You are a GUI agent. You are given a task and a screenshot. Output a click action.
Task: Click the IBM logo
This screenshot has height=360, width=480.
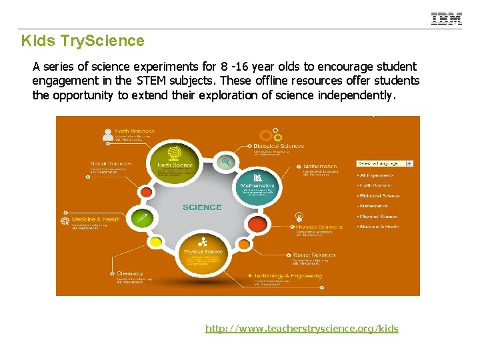446,19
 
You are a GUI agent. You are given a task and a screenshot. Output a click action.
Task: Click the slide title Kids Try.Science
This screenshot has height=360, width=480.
83,41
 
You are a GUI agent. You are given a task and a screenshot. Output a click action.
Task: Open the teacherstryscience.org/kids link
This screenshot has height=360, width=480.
301,328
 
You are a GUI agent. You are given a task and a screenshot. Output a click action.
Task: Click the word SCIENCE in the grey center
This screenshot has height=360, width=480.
202,207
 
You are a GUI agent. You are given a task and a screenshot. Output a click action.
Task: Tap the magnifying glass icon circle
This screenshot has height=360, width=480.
227,161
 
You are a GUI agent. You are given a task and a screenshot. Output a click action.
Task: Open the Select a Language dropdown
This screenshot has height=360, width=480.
385,163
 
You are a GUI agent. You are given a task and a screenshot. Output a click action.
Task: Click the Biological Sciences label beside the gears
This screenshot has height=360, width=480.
278,146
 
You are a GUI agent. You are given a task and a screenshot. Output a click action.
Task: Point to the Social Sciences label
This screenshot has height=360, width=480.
111,163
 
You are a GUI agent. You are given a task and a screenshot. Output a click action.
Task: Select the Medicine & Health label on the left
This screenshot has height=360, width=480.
95,219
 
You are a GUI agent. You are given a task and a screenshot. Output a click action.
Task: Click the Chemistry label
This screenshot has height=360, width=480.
130,273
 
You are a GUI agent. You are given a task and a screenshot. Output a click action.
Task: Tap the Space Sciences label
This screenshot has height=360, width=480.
314,255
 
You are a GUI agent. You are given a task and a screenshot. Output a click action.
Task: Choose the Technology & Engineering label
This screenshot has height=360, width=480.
287,276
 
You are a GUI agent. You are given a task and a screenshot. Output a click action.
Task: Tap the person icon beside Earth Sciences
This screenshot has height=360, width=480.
108,134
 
